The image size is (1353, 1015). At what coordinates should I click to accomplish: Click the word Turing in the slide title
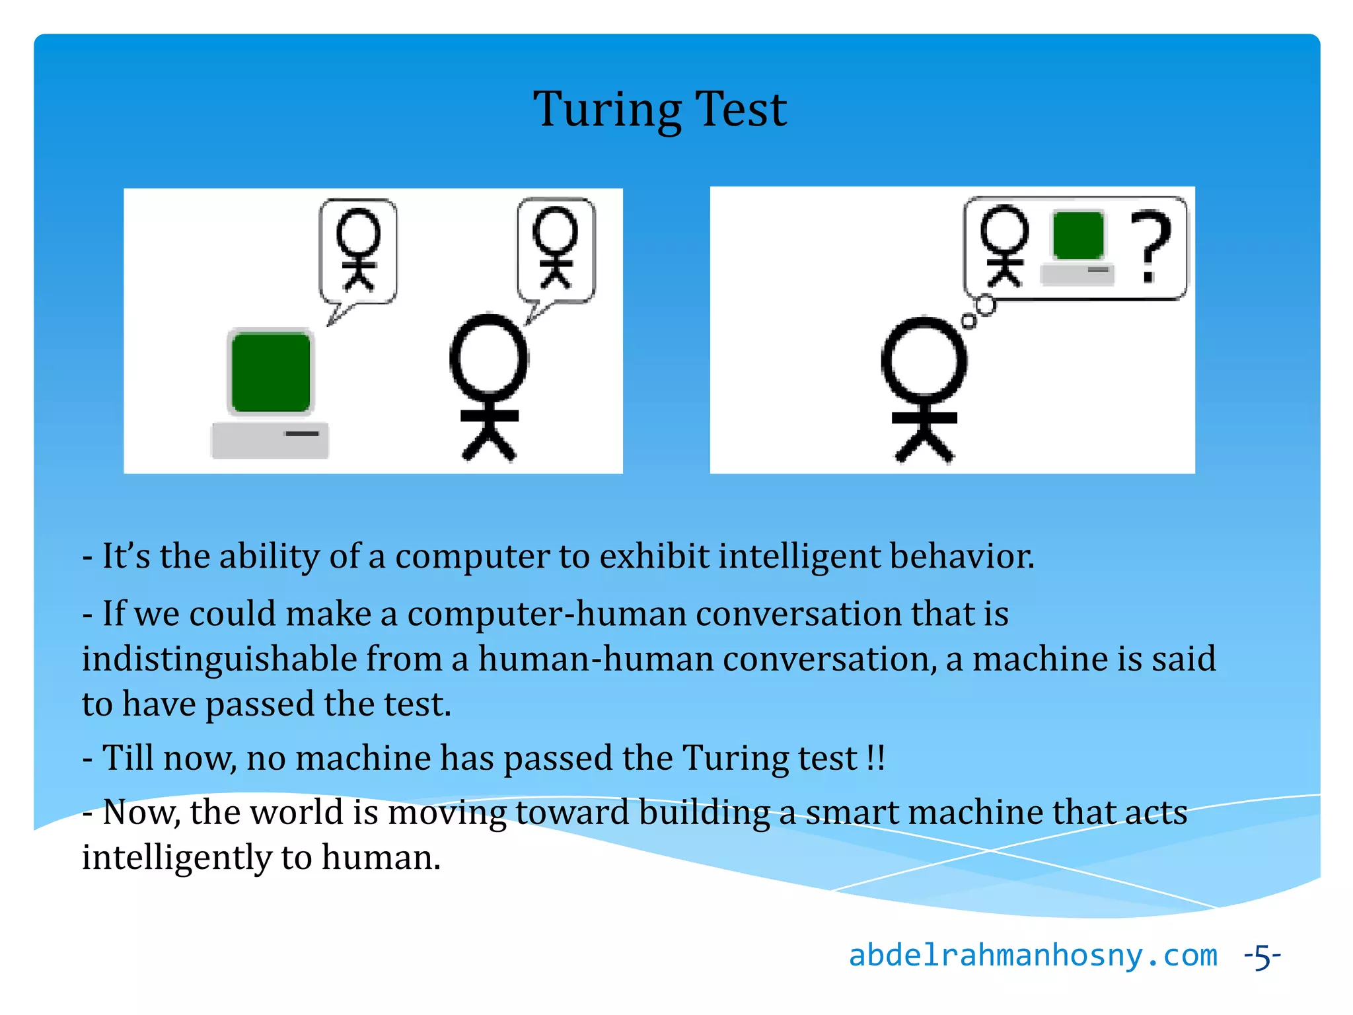click(x=606, y=110)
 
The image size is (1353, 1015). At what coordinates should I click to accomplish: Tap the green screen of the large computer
click(x=271, y=372)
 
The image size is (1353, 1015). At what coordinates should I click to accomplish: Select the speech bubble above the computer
click(x=358, y=252)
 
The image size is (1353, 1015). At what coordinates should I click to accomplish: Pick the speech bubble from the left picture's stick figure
click(x=556, y=251)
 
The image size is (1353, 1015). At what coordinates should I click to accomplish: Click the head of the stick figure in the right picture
click(x=924, y=360)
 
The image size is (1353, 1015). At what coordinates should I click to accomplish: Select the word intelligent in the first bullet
click(x=799, y=556)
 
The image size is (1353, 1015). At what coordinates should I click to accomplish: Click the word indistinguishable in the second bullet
click(x=219, y=659)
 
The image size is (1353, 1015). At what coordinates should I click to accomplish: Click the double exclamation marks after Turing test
click(x=875, y=757)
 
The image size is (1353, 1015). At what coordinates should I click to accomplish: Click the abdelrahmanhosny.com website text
click(x=1032, y=956)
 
